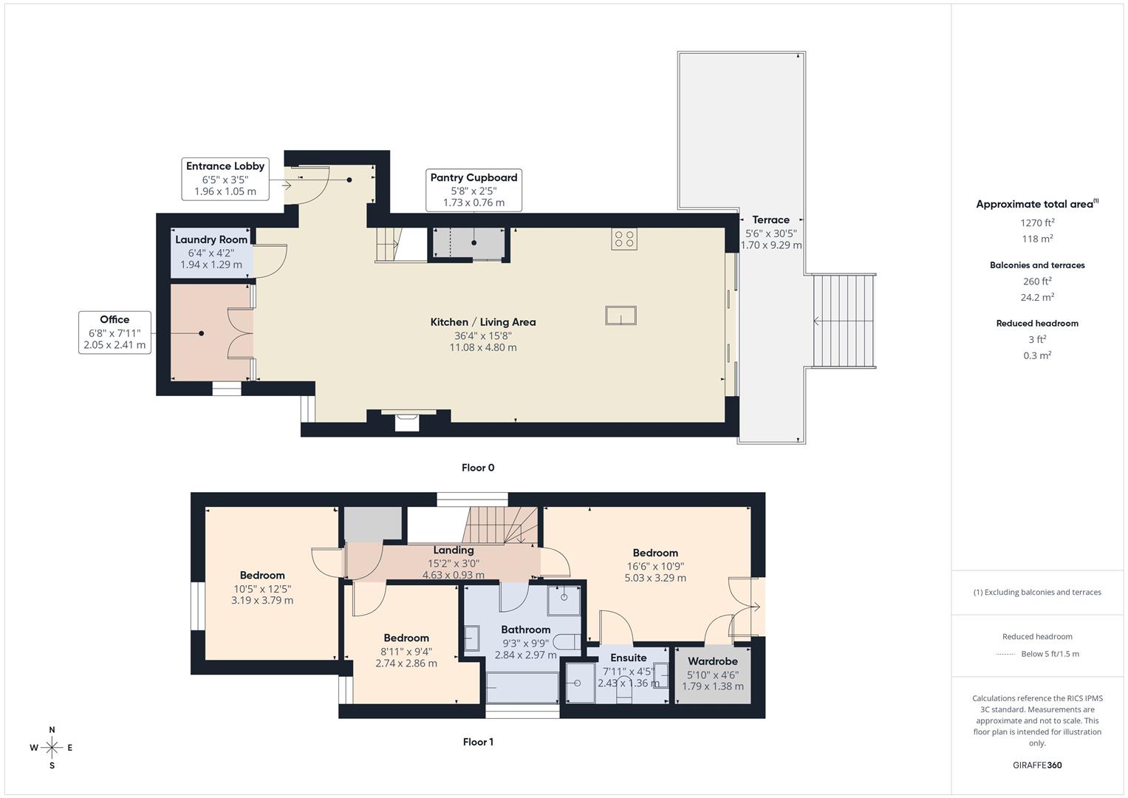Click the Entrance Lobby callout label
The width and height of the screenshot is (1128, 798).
pyautogui.click(x=225, y=179)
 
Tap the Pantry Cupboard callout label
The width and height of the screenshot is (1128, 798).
pyautogui.click(x=474, y=190)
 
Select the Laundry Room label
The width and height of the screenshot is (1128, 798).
pyautogui.click(x=211, y=239)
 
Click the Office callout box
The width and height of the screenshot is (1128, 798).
pyautogui.click(x=114, y=332)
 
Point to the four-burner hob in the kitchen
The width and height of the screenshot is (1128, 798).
pyautogui.click(x=624, y=239)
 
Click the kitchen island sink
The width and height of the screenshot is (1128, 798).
pyautogui.click(x=621, y=316)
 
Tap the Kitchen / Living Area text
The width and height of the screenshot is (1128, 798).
pyautogui.click(x=483, y=322)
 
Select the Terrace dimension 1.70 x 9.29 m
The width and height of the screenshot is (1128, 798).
pyautogui.click(x=771, y=245)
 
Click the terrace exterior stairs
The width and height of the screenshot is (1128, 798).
pyautogui.click(x=844, y=321)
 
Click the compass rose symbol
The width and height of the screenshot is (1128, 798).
pyautogui.click(x=52, y=748)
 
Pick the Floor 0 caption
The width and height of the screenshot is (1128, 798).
pyautogui.click(x=478, y=468)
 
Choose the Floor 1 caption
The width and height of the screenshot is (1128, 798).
pyautogui.click(x=478, y=742)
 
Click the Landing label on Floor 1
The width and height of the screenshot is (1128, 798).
pyautogui.click(x=454, y=550)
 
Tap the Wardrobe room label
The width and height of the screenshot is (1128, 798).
pyautogui.click(x=712, y=661)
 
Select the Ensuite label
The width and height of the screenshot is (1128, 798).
pyautogui.click(x=629, y=658)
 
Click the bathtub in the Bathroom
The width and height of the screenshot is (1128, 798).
pyautogui.click(x=522, y=687)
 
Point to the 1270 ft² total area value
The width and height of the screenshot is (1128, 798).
pyautogui.click(x=1037, y=222)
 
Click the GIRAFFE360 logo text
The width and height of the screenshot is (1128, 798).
pyautogui.click(x=1037, y=765)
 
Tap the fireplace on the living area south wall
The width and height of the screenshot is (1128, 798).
pyautogui.click(x=407, y=421)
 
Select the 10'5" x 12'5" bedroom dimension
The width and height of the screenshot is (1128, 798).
pyautogui.click(x=262, y=589)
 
